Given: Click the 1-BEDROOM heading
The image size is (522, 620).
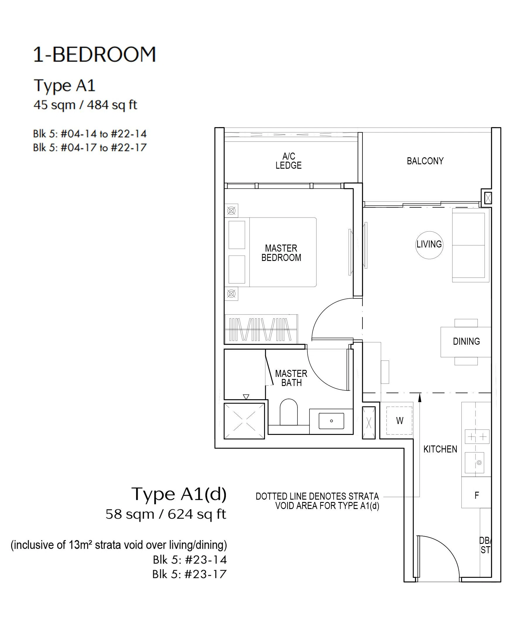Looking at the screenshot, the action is point(94,54).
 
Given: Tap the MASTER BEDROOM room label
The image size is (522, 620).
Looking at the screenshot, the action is point(281,253).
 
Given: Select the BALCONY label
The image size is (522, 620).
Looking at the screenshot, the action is point(425,161).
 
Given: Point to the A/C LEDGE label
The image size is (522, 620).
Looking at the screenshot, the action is point(289,161).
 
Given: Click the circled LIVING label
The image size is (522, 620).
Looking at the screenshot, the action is point(429,245).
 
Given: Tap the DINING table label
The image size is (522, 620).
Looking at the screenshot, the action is point(466,341).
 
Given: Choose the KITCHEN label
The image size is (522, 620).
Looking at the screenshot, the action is point(440,449).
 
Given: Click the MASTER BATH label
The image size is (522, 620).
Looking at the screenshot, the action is point(291,378).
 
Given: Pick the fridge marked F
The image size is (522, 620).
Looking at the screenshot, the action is point(476,495).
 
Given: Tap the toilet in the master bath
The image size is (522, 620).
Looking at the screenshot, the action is point(289,412).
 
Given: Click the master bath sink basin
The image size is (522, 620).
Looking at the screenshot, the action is point(331,421).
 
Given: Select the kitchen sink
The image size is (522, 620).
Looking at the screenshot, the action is point(474,462).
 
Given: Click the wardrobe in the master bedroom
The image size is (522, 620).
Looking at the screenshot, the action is point(261,329).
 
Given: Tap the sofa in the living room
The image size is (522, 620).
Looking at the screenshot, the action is point(470,245).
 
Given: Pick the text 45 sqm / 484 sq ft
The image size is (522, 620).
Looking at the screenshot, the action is point(85,105).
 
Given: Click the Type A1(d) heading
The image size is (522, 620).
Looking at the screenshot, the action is point(179,494).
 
